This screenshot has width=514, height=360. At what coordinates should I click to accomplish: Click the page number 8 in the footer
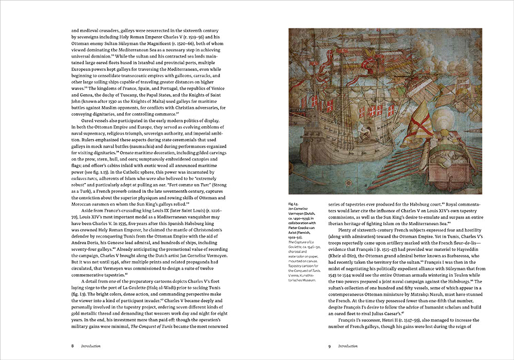click(72, 346)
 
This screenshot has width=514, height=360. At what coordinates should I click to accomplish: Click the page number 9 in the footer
click(329, 346)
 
